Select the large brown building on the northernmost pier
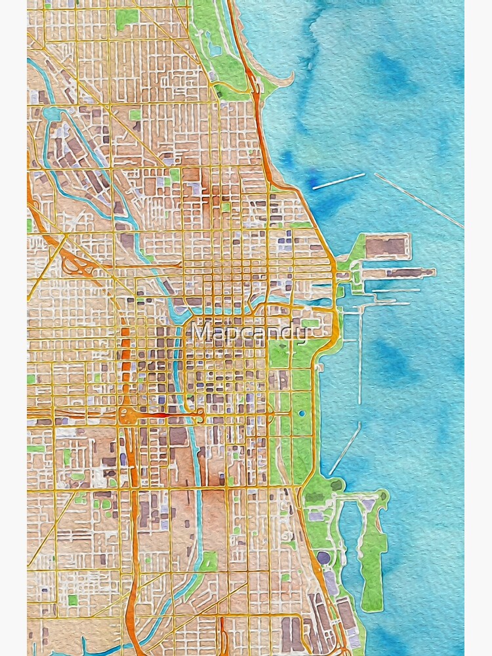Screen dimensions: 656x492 click(386, 247)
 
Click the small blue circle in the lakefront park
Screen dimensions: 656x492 click(301, 413)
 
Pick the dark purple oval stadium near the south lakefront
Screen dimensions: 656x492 click(324, 558)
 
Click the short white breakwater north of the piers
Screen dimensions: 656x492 click(338, 181)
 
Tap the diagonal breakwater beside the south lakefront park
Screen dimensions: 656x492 click(345, 449)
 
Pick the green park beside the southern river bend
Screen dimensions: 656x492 click(209, 562)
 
